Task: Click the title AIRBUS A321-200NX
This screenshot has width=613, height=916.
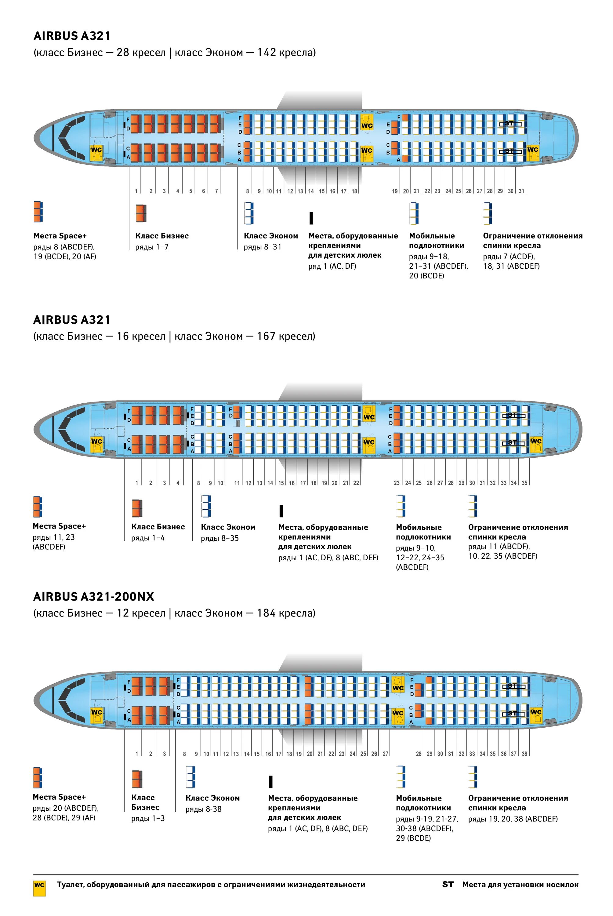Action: pos(94,597)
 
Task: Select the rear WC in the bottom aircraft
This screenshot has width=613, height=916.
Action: pos(536,713)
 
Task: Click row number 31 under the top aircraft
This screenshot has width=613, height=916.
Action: pos(521,191)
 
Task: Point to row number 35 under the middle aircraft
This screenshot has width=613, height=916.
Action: pos(524,483)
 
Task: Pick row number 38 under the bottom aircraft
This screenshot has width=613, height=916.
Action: pos(524,754)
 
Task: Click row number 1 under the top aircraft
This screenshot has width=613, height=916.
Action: pos(136,191)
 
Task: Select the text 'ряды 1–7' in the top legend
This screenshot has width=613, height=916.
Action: pos(152,247)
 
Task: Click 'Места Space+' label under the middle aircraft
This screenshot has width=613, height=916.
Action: pos(59,526)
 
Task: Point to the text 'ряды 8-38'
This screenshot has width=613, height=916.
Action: pos(203,809)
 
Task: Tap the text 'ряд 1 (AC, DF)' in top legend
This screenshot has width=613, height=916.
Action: pos(332,266)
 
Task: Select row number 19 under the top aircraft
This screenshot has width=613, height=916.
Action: pos(395,191)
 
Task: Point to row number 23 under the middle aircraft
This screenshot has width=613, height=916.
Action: pos(397,483)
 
